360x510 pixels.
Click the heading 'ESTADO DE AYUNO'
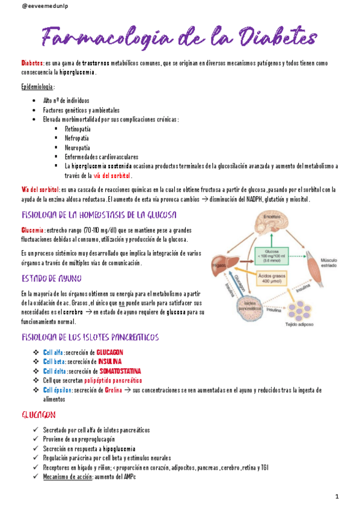click(x=52, y=278)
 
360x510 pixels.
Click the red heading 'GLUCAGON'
click(x=40, y=415)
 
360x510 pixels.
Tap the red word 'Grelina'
click(x=113, y=390)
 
